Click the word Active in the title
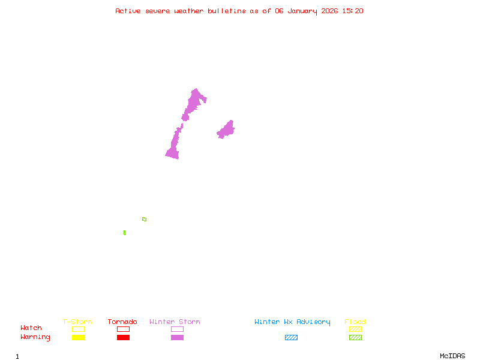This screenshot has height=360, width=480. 128,11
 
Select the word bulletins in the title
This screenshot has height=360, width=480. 227,11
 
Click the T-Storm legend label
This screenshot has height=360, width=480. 77,322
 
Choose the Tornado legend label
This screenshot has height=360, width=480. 122,322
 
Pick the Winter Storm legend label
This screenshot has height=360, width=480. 175,322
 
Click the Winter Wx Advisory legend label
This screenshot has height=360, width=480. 292,322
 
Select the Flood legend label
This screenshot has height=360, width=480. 355,322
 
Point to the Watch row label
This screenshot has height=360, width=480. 31,328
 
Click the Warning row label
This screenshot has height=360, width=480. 35,337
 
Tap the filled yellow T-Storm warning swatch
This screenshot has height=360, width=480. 78,338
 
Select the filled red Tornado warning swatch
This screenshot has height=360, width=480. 123,338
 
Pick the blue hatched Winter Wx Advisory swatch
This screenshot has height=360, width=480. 291,338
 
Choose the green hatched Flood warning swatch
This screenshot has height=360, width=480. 355,338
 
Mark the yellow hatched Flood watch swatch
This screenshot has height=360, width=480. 355,329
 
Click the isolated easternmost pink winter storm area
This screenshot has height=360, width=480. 226,130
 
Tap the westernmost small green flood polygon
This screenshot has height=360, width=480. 124,233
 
